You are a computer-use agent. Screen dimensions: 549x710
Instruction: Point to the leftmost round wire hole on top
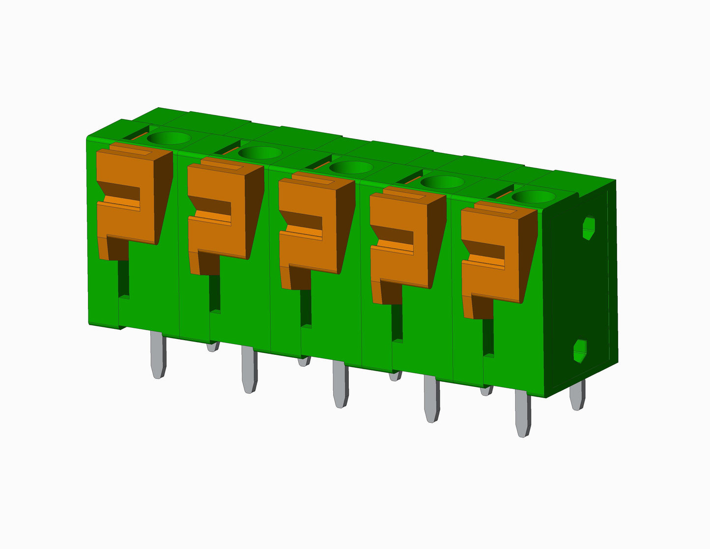tap(169, 138)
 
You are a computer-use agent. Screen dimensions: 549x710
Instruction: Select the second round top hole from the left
tap(259, 153)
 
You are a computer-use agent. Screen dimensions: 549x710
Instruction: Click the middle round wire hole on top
tap(350, 168)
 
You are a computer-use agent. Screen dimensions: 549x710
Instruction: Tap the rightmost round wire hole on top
tap(533, 197)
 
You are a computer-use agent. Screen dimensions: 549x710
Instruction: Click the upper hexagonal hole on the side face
tap(588, 227)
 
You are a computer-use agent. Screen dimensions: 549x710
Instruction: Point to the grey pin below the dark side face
tap(577, 395)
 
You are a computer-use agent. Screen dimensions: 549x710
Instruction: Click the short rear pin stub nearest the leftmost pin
tap(212, 347)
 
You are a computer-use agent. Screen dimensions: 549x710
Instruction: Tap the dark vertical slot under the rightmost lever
tap(488, 337)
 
